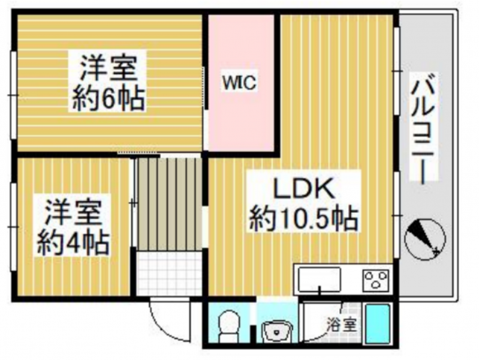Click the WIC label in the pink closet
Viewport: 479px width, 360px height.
point(240,82)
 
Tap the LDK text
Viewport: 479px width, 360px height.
point(304,188)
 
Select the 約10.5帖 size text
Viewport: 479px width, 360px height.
point(304,219)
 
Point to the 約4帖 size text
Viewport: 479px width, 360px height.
point(73,244)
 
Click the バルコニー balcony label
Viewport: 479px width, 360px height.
point(423,128)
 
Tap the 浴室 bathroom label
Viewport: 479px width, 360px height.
point(342,325)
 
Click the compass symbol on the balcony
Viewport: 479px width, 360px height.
point(425,239)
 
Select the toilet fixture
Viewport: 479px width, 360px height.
point(229,326)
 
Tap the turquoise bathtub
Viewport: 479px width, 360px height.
point(378,324)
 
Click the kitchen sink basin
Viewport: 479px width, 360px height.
point(320,279)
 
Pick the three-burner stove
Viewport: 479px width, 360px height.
point(376,280)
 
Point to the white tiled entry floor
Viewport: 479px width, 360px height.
point(168,274)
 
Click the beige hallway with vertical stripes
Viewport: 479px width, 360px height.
point(169,204)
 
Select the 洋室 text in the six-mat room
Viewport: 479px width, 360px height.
point(109,68)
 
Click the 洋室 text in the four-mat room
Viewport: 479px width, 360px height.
point(73,212)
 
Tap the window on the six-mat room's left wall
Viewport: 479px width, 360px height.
point(13,95)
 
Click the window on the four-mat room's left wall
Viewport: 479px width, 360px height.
point(13,227)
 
